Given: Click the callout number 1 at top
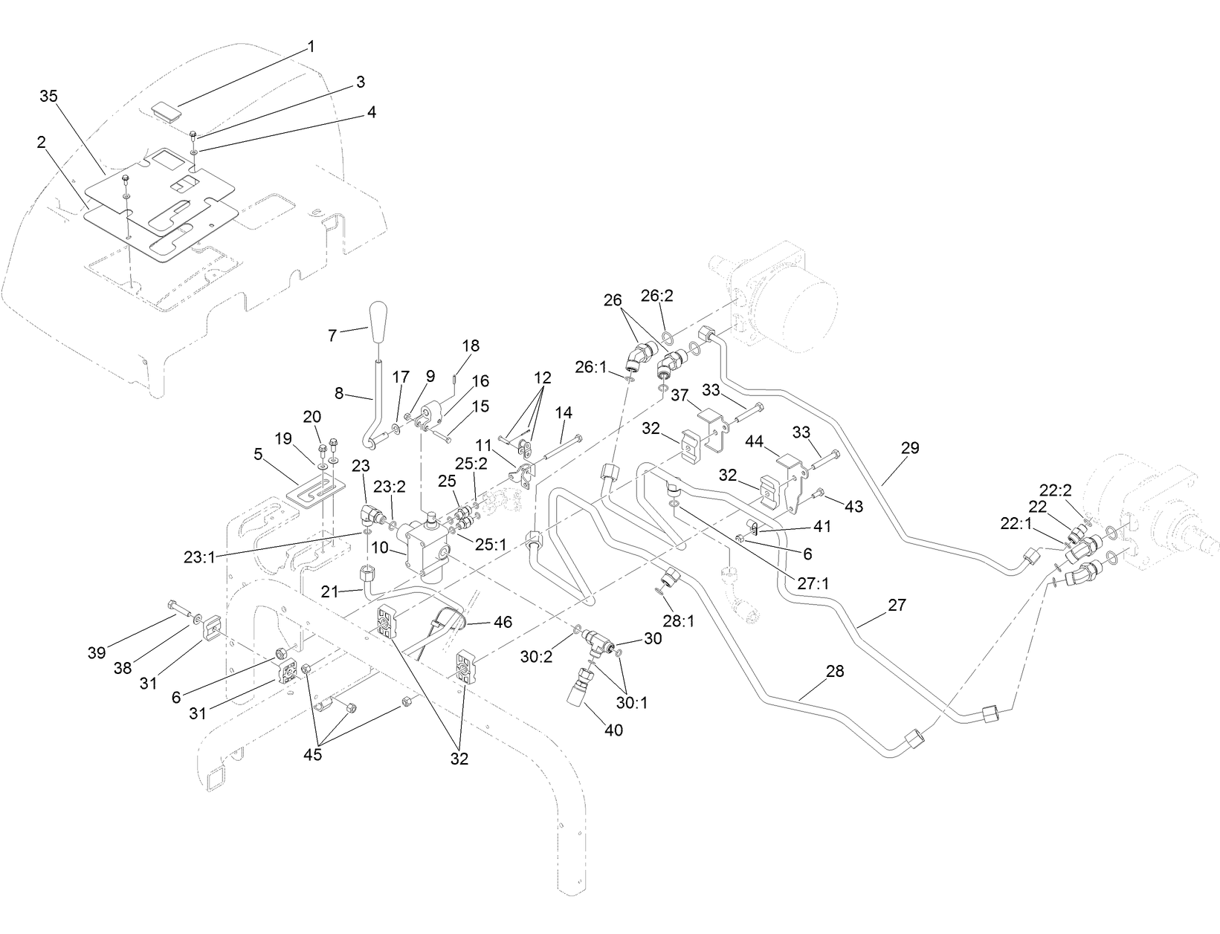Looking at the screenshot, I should tap(312, 46).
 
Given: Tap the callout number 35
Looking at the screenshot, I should tap(49, 97).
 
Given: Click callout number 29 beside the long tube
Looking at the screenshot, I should tap(909, 448).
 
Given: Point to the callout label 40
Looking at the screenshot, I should tap(613, 730).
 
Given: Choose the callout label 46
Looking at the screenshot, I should tap(503, 622).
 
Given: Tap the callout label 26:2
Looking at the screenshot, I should tap(656, 296).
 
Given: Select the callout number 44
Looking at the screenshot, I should tap(755, 441).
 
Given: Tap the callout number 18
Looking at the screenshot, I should tap(471, 346).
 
